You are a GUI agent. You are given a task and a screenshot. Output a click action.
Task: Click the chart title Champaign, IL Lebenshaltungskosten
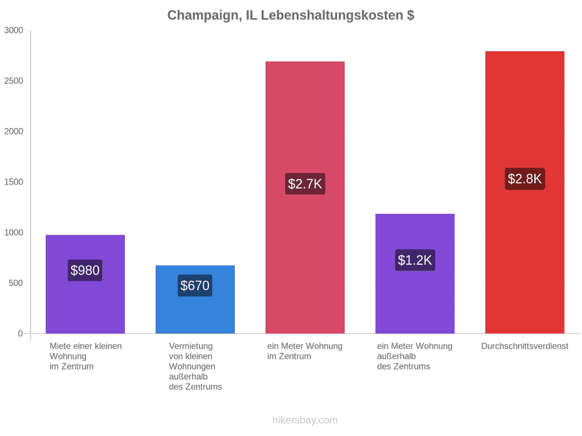pos(290,16)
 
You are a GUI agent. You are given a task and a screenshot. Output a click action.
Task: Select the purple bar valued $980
pos(85,284)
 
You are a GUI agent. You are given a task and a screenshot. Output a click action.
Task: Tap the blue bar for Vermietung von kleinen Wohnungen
pos(195,300)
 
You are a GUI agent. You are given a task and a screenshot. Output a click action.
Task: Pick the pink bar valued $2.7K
pos(305,198)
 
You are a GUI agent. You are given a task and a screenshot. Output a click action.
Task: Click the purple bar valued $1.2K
pos(415,274)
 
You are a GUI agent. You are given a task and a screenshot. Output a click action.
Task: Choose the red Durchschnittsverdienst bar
pos(525,192)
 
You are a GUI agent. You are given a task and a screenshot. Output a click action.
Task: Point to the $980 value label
pos(85,270)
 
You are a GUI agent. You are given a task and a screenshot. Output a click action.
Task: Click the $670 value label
pos(195,285)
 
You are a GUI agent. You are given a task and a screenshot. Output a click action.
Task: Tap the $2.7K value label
pos(305,184)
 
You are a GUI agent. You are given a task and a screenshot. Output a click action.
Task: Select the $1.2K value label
pos(415,260)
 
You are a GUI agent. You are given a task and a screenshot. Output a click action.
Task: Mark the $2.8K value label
pos(525,179)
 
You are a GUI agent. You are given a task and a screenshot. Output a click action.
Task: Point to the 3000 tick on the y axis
pos(14,30)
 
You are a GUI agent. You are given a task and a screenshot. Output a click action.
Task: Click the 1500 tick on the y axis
pos(14,182)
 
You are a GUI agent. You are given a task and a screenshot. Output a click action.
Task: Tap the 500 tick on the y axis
pos(16,283)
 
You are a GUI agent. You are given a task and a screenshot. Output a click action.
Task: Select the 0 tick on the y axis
pos(21,334)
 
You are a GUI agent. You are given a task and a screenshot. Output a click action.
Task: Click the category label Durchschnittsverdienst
pos(525,346)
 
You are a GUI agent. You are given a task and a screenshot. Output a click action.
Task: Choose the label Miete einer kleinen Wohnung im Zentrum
pos(86,357)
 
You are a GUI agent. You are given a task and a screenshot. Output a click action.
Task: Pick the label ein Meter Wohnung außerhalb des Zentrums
pos(415,357)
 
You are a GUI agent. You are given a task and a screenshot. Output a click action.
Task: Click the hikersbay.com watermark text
pos(305,420)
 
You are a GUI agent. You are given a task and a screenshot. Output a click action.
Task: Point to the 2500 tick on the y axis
pos(14,81)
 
